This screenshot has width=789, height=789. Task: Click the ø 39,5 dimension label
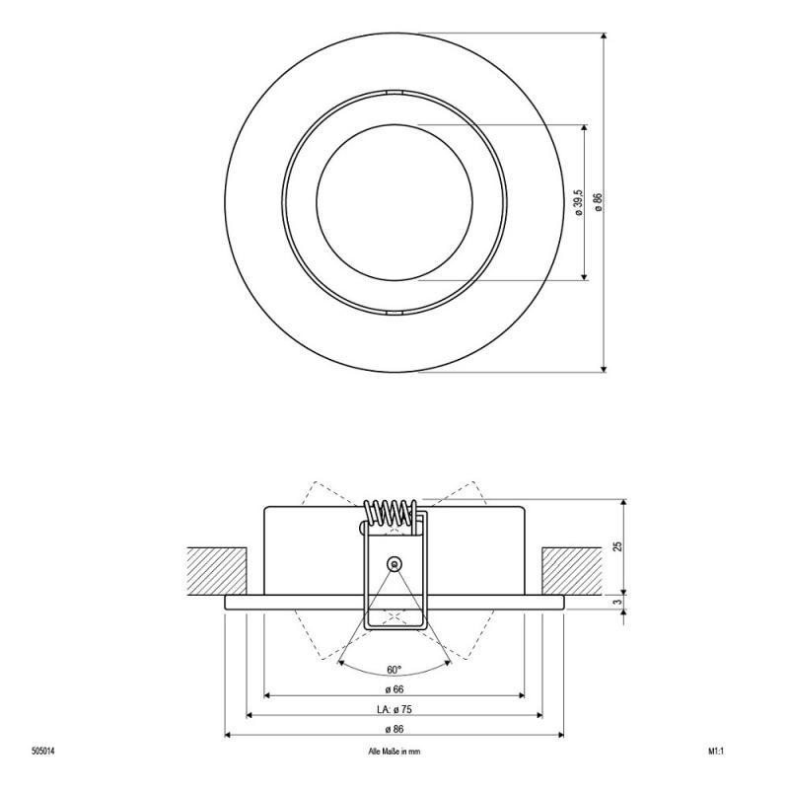(x=577, y=202)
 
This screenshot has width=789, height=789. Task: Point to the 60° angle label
(x=394, y=670)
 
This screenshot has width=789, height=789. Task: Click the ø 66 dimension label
(x=394, y=688)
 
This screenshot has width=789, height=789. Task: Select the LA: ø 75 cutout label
(x=394, y=709)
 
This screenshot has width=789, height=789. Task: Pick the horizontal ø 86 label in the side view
(x=394, y=729)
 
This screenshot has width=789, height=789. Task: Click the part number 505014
(x=43, y=751)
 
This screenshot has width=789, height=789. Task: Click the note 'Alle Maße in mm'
(x=394, y=751)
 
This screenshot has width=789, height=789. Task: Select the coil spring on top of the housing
(x=392, y=512)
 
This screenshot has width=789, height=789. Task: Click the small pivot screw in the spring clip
(x=394, y=563)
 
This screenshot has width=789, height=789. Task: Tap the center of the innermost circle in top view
(x=394, y=202)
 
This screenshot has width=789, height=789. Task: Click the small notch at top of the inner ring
(x=394, y=93)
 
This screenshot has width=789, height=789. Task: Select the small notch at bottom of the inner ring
(x=394, y=312)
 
